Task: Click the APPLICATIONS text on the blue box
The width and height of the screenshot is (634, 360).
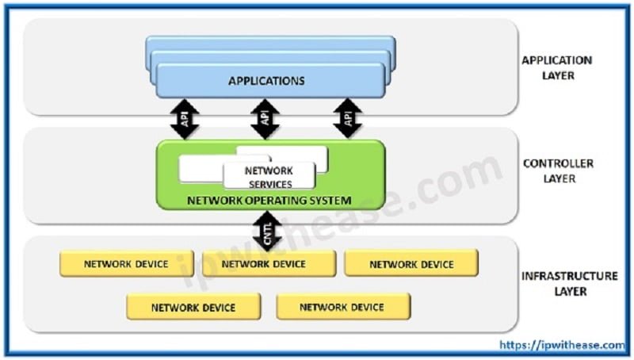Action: click(266, 81)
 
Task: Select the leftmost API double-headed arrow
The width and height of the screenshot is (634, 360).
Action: click(185, 119)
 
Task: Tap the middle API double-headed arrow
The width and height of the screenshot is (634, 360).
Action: click(265, 119)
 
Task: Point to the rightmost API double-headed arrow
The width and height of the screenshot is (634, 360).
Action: click(347, 119)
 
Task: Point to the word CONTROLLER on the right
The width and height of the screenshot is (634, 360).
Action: click(558, 163)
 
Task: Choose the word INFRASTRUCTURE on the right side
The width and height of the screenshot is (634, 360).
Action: click(569, 276)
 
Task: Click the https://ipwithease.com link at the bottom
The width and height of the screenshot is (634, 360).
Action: click(563, 345)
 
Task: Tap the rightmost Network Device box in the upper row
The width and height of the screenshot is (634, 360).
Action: click(411, 264)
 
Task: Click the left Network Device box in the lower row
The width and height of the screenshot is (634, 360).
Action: click(193, 306)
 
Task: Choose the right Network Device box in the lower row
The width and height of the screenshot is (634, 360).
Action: click(342, 306)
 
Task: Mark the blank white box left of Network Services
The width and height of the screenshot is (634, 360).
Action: click(201, 169)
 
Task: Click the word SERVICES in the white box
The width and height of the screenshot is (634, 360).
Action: click(269, 184)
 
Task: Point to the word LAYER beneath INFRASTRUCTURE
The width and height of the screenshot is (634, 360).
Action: click(569, 291)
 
